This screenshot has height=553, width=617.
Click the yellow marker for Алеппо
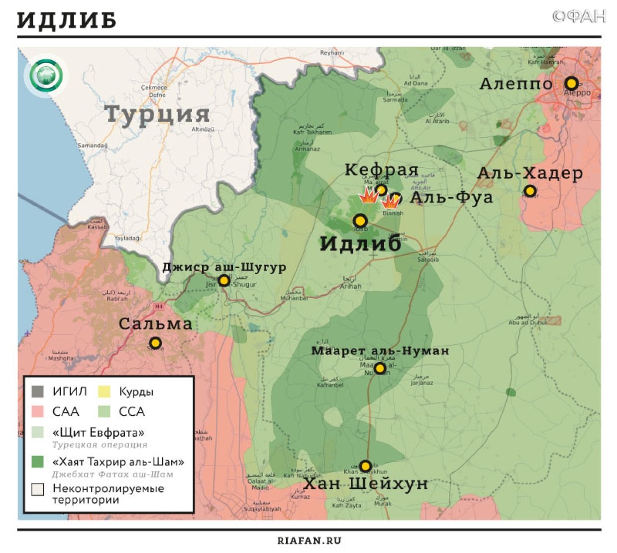tap(571, 83)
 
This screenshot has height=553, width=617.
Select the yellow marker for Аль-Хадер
tap(530, 191)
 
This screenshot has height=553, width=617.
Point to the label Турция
tap(157, 114)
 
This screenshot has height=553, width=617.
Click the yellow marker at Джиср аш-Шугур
tap(224, 281)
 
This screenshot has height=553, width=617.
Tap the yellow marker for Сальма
tap(155, 343)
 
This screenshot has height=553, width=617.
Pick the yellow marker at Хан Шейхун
tap(365, 466)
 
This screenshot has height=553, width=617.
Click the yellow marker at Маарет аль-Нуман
tap(380, 368)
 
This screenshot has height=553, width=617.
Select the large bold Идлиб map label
tap(360, 243)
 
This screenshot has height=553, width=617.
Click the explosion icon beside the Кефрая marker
tap(368, 196)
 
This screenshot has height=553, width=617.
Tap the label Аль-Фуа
tap(451, 197)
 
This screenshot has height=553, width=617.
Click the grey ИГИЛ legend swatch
tap(37, 392)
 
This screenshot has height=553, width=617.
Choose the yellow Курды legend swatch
tap(104, 392)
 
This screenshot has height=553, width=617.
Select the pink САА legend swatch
tap(37, 411)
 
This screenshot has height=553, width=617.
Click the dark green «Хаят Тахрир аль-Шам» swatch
tap(37, 462)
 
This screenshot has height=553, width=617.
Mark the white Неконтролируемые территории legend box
tap(37, 489)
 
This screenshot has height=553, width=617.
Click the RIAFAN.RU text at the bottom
tap(309, 541)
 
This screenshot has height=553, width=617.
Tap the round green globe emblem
tap(46, 76)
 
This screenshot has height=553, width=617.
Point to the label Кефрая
tap(381, 170)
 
